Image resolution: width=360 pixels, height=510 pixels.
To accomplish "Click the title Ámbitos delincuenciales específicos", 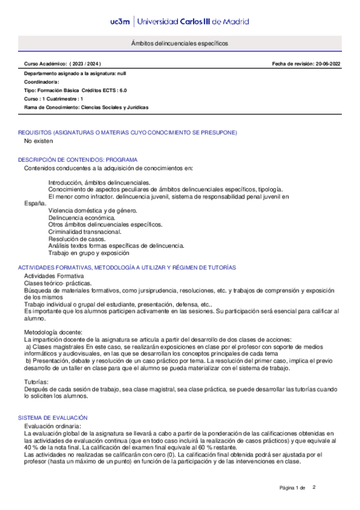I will [x=180, y=44].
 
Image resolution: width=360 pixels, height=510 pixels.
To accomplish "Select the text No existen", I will [x=38, y=141].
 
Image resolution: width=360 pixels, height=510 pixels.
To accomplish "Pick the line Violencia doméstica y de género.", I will [x=93, y=210].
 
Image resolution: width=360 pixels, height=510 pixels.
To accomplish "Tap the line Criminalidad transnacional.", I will [x=85, y=231].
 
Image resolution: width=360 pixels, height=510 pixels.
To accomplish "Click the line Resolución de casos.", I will [x=75, y=238].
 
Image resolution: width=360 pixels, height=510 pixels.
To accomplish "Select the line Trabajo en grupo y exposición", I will [x=88, y=253].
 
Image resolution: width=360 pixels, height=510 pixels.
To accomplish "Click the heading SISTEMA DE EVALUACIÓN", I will [x=53, y=417].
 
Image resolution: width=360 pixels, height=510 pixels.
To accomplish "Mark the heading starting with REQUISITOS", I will [x=127, y=132].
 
